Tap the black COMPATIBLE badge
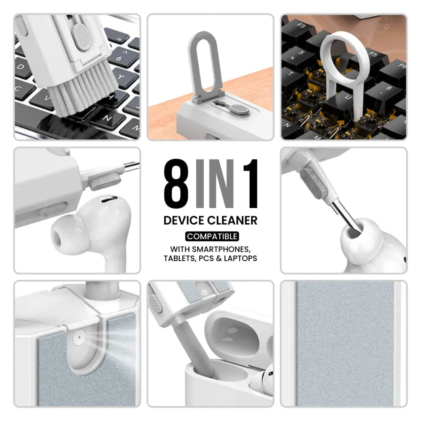(212, 236)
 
